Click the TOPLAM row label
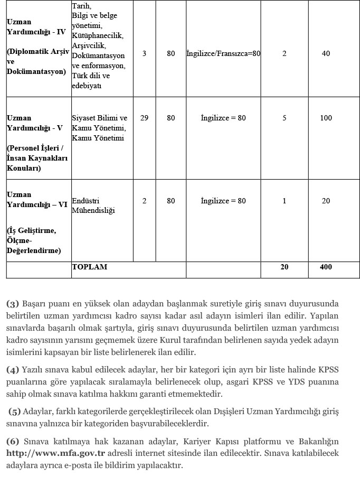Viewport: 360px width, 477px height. [x=89, y=267]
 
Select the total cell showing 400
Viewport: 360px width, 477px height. [x=326, y=267]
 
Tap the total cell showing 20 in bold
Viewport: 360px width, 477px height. [x=285, y=267]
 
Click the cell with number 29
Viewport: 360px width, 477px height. [x=144, y=118]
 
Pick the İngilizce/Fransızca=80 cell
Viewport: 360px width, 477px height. [x=223, y=54]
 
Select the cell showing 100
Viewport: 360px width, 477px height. [x=326, y=118]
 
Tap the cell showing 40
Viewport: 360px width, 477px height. [x=326, y=54]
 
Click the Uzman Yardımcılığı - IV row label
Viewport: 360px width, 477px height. [x=36, y=27]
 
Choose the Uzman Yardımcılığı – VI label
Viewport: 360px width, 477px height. [x=36, y=200]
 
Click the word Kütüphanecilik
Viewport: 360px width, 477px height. [x=97, y=35]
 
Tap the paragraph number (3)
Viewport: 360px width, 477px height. [x=13, y=304]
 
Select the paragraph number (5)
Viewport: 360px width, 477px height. [x=15, y=411]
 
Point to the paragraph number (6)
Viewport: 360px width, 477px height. [x=13, y=442]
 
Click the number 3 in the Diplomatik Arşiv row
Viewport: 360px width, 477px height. [x=144, y=54]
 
